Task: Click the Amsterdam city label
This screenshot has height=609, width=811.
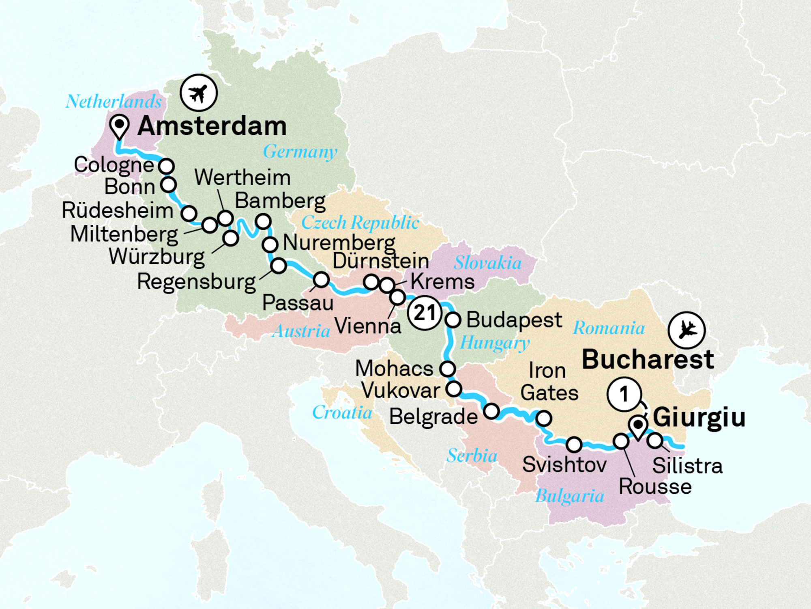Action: tap(212, 126)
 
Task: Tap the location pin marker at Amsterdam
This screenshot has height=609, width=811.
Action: tap(119, 125)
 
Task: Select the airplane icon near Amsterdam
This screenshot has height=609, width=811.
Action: tap(199, 93)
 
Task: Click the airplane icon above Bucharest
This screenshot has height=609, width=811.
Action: tap(687, 330)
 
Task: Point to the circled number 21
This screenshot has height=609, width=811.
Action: tap(425, 313)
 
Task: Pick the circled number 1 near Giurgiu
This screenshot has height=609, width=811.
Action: tap(624, 394)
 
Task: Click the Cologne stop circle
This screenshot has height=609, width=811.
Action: tap(166, 166)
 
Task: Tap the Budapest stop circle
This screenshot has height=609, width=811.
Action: tap(453, 320)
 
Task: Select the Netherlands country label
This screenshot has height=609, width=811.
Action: tap(114, 101)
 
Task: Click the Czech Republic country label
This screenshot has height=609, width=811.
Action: tap(360, 222)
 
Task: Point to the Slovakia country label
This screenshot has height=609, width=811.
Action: tap(487, 263)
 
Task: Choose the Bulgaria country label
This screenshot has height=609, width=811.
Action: tap(569, 496)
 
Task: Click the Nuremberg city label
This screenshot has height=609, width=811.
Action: tap(339, 243)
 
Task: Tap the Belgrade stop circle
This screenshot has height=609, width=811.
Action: tap(491, 411)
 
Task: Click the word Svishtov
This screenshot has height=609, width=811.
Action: tap(564, 464)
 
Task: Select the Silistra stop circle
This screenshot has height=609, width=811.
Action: tap(655, 441)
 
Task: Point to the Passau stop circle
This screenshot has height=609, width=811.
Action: tap(321, 280)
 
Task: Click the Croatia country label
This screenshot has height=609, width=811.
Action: tap(342, 413)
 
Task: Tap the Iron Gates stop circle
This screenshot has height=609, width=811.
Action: tap(543, 418)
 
